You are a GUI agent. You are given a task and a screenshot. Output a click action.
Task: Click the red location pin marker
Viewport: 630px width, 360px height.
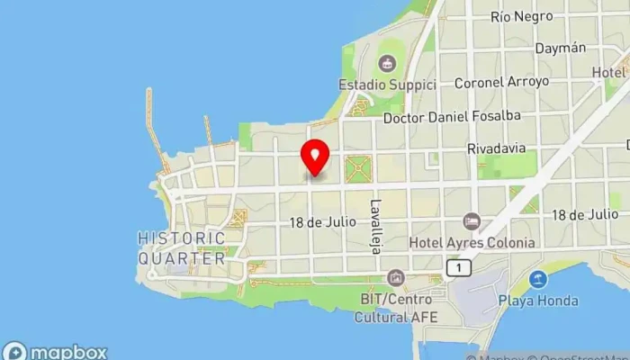[x=315, y=157]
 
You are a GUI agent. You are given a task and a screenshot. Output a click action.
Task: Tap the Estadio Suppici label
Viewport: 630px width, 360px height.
[x=387, y=85]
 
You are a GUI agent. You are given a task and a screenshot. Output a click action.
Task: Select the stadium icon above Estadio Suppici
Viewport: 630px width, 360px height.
[x=387, y=63]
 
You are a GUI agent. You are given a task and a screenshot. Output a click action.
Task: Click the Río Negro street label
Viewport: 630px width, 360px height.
[x=521, y=17]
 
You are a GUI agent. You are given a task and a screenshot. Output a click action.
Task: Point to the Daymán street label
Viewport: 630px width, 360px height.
[x=561, y=49]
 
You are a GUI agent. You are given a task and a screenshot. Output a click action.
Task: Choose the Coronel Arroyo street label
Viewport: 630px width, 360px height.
[x=501, y=82]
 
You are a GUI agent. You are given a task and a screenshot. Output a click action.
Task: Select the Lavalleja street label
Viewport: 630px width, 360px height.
[x=376, y=225]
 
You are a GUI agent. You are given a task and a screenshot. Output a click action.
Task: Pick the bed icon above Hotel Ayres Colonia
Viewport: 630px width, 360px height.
[x=471, y=221]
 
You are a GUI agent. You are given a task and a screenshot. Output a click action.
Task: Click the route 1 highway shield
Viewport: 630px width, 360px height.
[x=459, y=267]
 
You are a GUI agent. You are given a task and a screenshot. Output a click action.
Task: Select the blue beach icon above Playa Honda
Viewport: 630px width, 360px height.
[x=539, y=280]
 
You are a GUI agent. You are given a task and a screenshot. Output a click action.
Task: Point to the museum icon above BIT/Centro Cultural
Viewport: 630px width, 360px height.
[x=394, y=278]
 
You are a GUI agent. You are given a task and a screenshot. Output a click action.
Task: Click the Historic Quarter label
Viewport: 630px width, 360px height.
[x=181, y=247]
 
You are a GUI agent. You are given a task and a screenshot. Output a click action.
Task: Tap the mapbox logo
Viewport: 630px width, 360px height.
[x=56, y=351]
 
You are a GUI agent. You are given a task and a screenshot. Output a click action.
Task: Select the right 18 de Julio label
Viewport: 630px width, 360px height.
[x=585, y=215]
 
